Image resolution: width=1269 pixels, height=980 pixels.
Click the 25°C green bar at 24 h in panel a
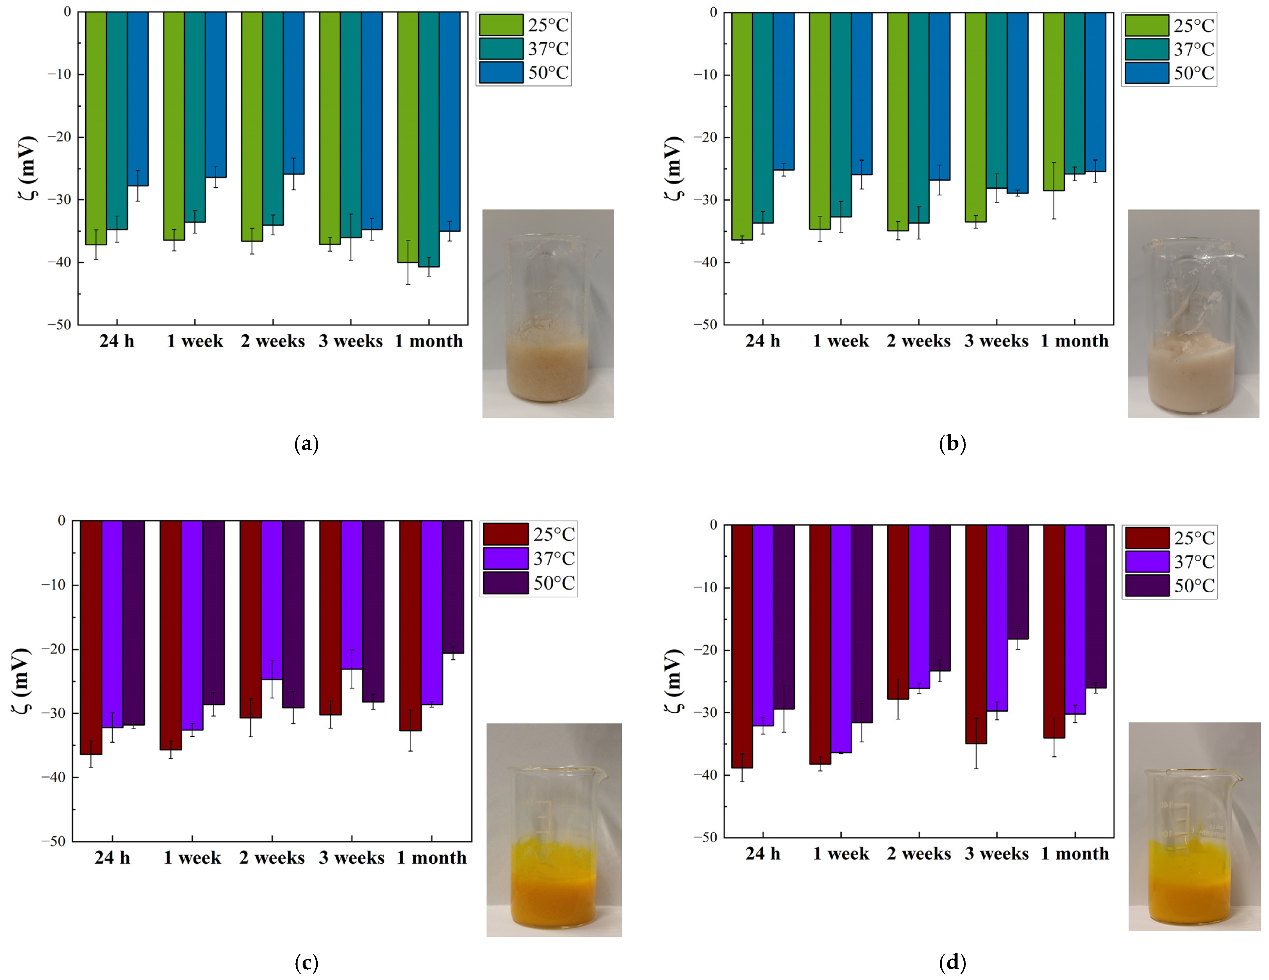96,128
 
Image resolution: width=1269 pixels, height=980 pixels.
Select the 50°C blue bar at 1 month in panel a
450,121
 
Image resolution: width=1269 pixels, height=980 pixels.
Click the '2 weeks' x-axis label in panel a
273,341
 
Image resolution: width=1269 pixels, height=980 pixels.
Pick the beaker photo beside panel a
548,313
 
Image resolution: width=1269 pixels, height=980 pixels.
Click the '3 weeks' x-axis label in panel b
996,341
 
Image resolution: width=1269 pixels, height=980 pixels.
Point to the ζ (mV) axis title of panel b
674,168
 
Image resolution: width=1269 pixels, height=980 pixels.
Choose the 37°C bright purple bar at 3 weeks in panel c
351,595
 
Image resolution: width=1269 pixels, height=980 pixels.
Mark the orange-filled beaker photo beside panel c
554,830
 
